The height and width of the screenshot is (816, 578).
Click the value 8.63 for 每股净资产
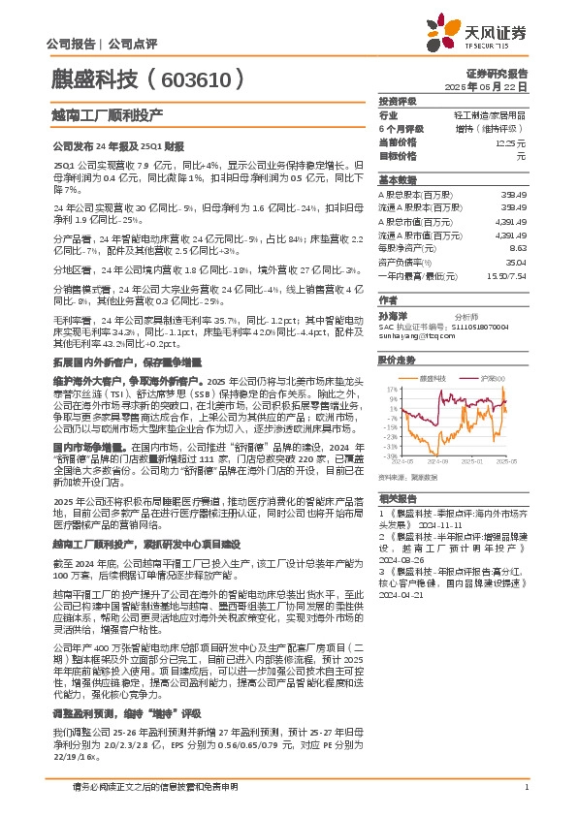click(518, 247)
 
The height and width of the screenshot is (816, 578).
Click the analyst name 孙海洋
click(393, 315)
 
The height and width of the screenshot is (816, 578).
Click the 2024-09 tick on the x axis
click(442, 462)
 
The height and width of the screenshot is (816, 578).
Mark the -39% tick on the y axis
click(390, 455)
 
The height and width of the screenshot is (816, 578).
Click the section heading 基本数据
click(397, 180)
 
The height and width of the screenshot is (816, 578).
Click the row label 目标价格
click(397, 155)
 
